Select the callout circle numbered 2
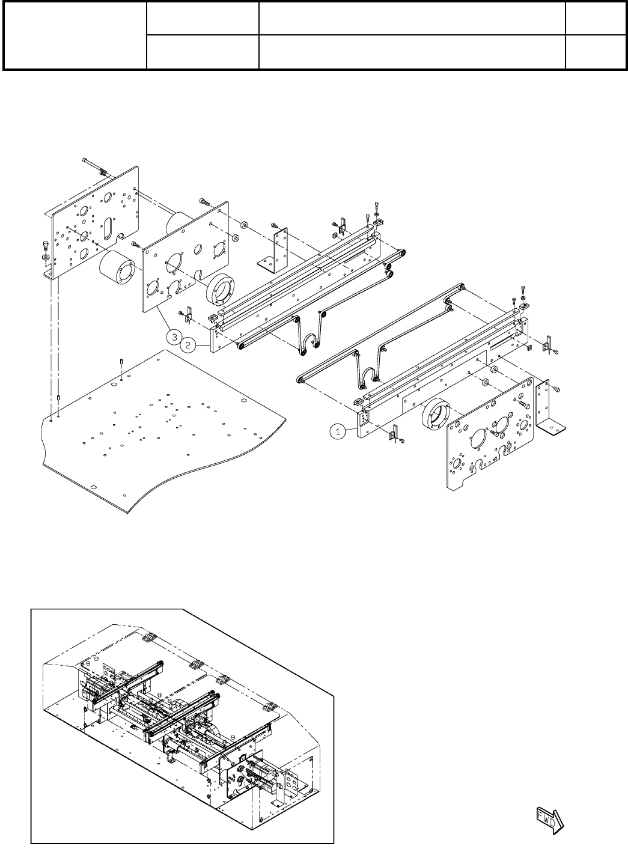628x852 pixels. click(x=189, y=345)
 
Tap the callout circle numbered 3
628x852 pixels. click(x=174, y=337)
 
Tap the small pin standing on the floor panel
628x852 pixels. click(x=121, y=362)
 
